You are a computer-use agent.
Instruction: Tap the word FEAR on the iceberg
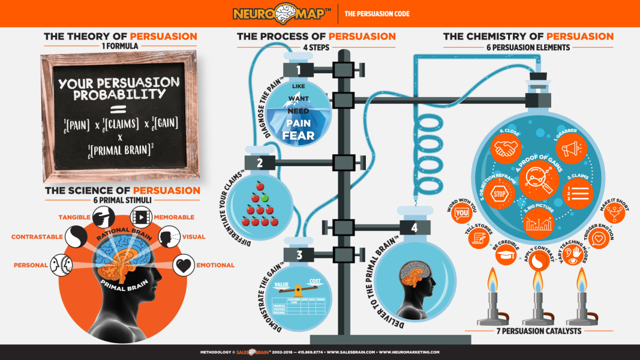pyautogui.click(x=298, y=136)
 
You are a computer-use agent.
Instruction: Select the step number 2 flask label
pyautogui.click(x=260, y=162)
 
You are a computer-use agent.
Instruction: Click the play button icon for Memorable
pyautogui.click(x=141, y=217)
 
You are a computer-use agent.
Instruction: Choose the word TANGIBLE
pyautogui.click(x=74, y=217)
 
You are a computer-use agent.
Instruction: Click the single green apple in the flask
pyautogui.click(x=264, y=197)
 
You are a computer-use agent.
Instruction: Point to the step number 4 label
pyautogui.click(x=414, y=227)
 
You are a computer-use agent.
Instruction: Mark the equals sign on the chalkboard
pyautogui.click(x=118, y=109)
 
